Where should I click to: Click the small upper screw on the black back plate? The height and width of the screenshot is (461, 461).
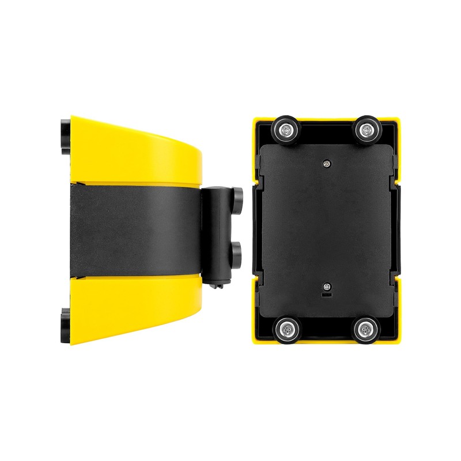327,164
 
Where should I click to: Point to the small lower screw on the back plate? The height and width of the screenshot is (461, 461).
327,287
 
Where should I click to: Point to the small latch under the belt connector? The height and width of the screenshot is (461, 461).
217,284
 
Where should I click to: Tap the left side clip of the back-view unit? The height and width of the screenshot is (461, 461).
257,231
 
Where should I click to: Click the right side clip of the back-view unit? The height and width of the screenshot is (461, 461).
395,231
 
